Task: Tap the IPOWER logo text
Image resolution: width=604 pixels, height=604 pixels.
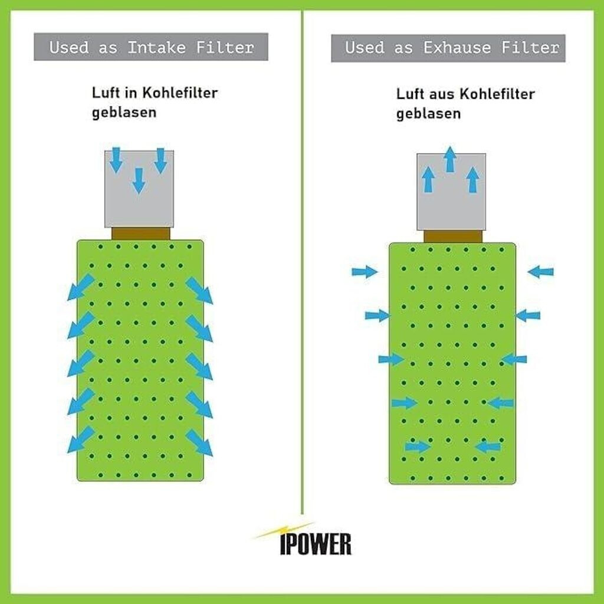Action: [x=316, y=544]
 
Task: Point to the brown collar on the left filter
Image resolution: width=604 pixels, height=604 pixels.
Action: [x=140, y=234]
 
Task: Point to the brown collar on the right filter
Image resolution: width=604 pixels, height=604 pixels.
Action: [x=453, y=237]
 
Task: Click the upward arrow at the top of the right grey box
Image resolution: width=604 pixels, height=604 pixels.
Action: [x=450, y=159]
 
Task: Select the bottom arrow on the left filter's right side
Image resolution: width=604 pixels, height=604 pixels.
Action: [x=199, y=442]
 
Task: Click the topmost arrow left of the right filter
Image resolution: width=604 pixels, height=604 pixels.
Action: [x=364, y=271]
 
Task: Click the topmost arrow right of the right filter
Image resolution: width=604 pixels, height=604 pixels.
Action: [x=540, y=271]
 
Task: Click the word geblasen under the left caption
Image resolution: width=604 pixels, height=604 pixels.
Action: [x=124, y=112]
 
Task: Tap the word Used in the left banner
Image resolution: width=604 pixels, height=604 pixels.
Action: [x=69, y=47]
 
